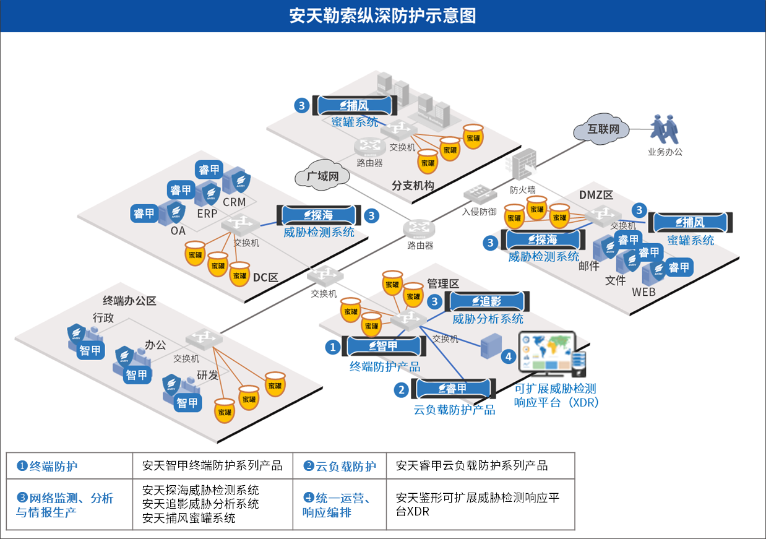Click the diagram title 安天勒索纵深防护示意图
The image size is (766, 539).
coord(382,15)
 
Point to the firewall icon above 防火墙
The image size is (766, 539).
coord(522,164)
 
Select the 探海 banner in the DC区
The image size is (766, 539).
coord(318,215)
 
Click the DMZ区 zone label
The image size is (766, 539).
coord(595,196)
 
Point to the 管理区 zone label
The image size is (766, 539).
coord(443,284)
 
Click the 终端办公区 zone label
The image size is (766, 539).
coord(129,301)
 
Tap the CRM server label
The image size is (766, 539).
coord(234,202)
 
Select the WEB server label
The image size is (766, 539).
coord(643,291)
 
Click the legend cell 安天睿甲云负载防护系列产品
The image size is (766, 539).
coord(471,465)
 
